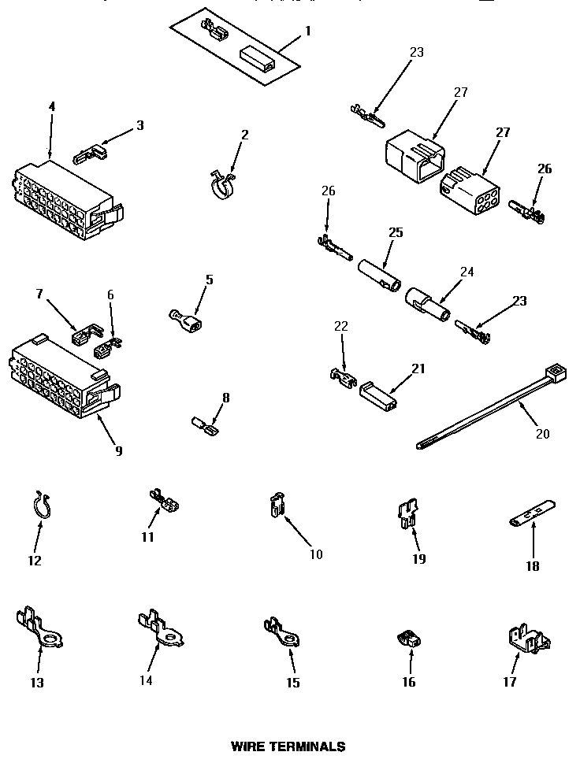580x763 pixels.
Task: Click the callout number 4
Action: [x=51, y=107]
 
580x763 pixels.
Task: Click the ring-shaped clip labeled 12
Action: [x=43, y=506]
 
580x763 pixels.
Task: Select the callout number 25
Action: [x=396, y=233]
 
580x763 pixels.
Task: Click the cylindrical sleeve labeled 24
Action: [x=427, y=306]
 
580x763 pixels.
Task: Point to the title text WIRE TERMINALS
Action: [x=288, y=745]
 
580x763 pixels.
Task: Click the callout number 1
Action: [x=307, y=31]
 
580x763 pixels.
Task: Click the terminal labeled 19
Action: [x=407, y=516]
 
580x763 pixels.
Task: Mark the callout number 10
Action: [x=315, y=554]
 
